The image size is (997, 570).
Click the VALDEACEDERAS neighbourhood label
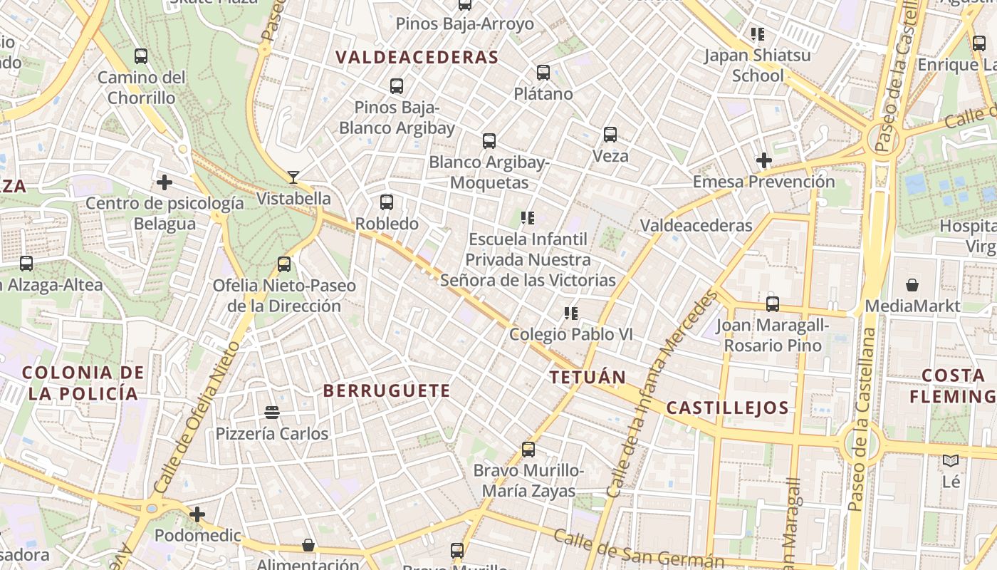(417, 58)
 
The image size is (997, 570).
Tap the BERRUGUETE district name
(387, 390)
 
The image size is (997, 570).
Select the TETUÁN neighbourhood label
(588, 378)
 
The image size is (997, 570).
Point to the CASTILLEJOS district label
(727, 408)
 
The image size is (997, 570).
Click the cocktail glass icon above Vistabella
(293, 177)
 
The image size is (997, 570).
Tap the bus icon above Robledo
(387, 202)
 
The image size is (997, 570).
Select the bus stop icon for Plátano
(543, 73)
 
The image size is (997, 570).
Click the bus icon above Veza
(610, 135)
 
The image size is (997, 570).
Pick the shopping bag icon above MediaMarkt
(912, 286)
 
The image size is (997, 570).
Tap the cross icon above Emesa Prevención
(764, 160)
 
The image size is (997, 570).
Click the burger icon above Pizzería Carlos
(271, 413)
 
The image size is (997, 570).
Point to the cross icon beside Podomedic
(197, 514)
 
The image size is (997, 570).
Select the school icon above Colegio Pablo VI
(570, 313)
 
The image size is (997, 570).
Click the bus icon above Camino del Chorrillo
(141, 56)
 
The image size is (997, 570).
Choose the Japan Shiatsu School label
(758, 65)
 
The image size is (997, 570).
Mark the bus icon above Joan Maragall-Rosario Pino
(773, 304)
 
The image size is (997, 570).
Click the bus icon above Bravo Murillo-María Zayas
(528, 450)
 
